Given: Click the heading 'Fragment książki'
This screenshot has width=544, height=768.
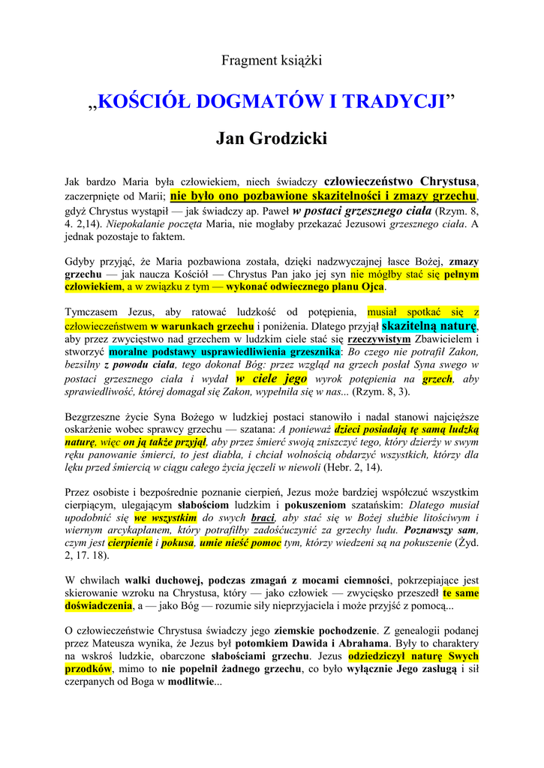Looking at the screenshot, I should click(272, 61).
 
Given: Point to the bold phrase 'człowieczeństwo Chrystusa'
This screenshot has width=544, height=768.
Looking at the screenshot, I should click(400, 181).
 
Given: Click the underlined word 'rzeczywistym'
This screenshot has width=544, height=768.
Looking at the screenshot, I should click(379, 339).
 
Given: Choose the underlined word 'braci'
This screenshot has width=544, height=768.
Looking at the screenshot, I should click(263, 517).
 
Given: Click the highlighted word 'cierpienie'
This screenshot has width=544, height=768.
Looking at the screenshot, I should click(130, 543).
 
